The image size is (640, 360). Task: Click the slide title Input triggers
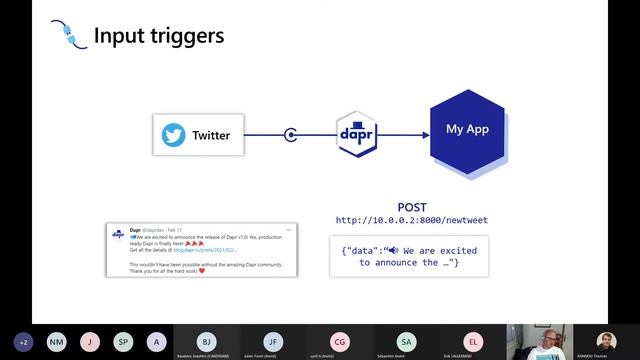point(158,36)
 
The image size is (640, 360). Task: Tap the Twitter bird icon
point(174,135)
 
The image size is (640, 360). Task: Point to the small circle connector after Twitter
point(291,135)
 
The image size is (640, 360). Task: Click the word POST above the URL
point(412,207)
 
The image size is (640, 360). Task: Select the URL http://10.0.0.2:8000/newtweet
point(412,220)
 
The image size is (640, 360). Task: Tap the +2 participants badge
point(23,341)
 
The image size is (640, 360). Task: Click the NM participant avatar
point(56,341)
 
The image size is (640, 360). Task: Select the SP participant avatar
point(122,341)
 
